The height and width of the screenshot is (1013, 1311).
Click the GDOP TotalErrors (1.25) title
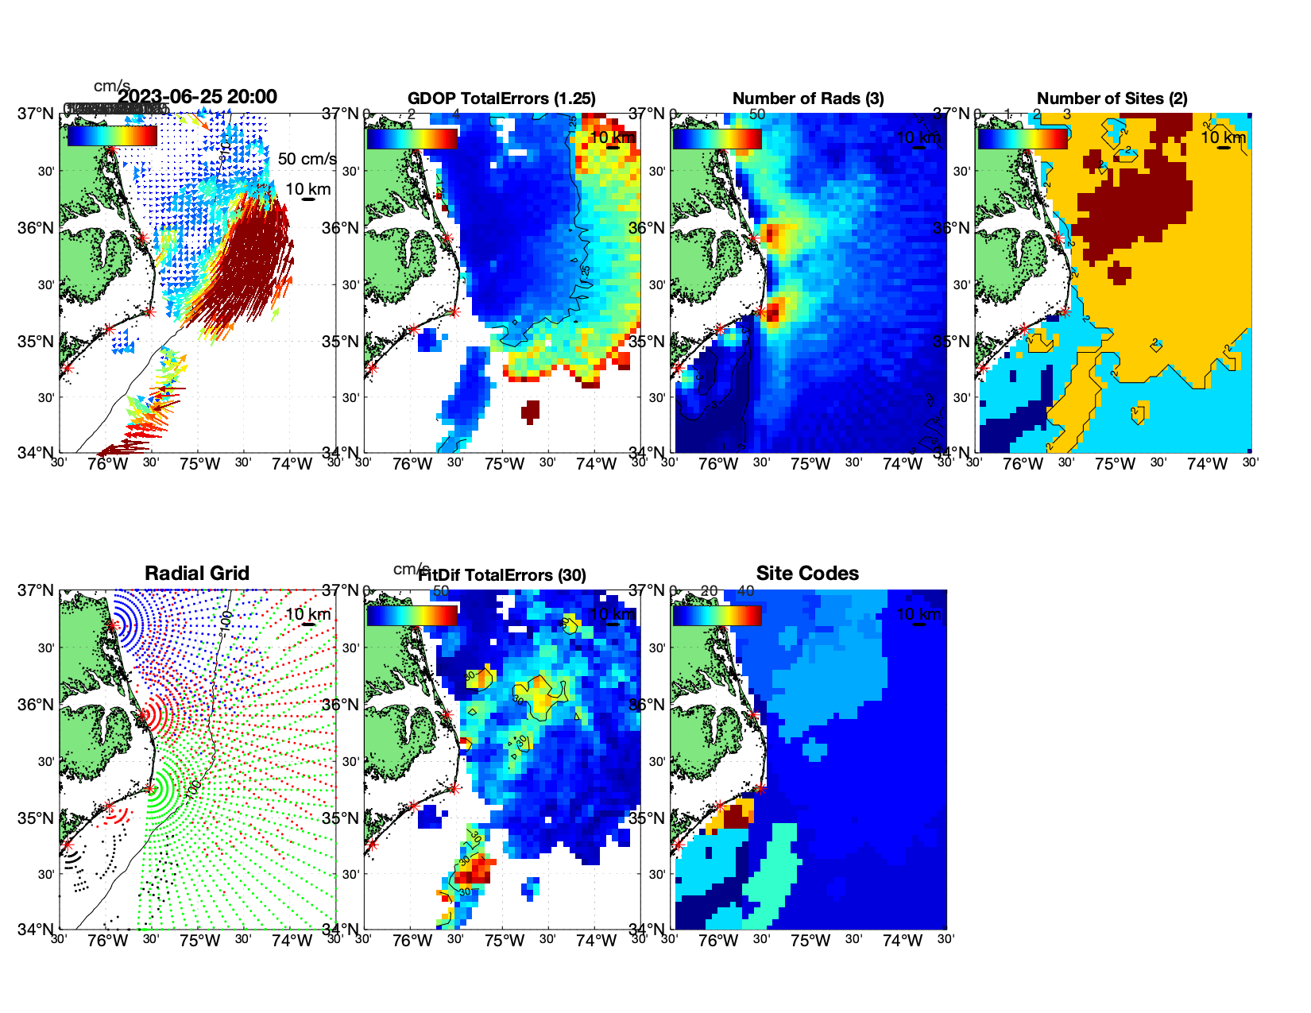(x=501, y=99)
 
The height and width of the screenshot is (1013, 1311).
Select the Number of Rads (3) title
(x=808, y=99)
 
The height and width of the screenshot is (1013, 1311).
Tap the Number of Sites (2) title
(x=1112, y=99)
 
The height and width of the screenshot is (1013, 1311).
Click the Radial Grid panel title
(x=197, y=574)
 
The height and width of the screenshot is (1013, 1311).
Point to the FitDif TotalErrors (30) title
(x=502, y=575)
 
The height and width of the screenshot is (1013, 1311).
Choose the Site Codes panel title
(x=807, y=574)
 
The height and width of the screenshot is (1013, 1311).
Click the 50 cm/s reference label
(x=307, y=159)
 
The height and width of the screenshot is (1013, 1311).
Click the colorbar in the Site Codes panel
(x=717, y=615)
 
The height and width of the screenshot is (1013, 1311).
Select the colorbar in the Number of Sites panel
(x=1023, y=138)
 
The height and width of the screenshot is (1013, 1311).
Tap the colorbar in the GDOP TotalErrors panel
(x=412, y=138)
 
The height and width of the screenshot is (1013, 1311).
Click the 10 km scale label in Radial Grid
(x=307, y=614)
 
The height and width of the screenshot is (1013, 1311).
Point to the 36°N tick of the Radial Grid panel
(x=37, y=705)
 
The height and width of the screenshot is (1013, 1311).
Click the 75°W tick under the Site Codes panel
(x=810, y=941)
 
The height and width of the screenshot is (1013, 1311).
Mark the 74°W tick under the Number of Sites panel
(x=1207, y=464)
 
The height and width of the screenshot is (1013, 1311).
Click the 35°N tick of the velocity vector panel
(x=37, y=342)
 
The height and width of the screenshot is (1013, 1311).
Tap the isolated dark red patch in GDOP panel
(x=530, y=411)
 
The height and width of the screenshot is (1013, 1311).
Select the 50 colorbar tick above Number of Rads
(x=757, y=114)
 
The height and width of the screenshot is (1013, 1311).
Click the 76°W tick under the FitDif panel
(x=412, y=941)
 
